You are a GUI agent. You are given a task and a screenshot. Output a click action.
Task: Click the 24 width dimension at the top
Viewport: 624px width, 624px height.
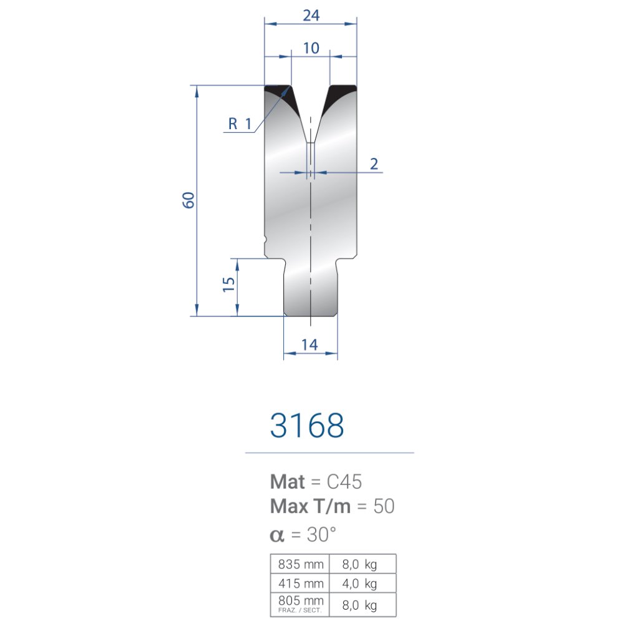(311, 16)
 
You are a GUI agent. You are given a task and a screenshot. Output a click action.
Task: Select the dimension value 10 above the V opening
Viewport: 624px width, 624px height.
(311, 48)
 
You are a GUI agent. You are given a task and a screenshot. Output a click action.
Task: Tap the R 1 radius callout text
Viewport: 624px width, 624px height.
(240, 124)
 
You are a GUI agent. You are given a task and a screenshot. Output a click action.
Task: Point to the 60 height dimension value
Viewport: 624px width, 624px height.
(188, 200)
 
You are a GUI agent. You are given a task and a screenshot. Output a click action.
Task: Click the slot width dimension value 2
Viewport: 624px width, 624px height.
(374, 164)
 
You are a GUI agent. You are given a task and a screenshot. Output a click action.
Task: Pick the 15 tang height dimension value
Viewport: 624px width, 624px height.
(228, 285)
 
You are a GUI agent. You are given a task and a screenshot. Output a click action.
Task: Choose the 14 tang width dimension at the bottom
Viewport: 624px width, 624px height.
(310, 344)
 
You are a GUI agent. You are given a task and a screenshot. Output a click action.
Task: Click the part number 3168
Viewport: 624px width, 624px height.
(307, 426)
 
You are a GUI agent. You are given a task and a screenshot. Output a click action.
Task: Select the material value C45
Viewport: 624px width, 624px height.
(344, 482)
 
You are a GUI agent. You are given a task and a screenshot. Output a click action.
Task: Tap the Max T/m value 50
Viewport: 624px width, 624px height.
(384, 506)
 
